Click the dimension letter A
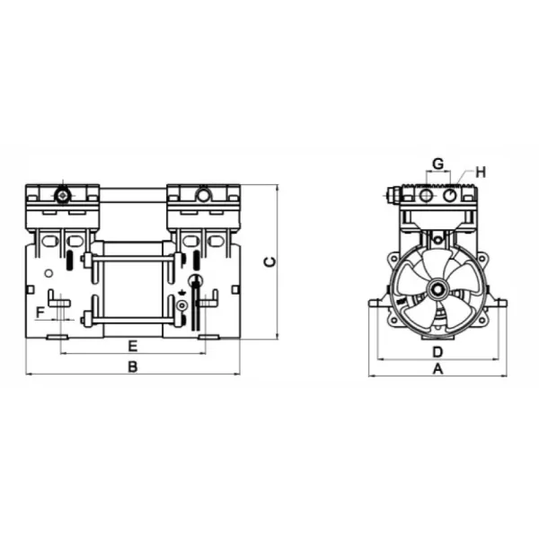point(438,369)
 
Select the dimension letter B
point(132,367)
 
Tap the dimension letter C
point(268,261)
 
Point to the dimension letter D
point(437,350)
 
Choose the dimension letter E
point(132,346)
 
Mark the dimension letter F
point(40,312)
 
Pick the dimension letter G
point(437,163)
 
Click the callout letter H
point(480,172)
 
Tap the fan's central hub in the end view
point(437,290)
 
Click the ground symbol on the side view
point(183,292)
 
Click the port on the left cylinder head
point(62,195)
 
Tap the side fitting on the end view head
point(393,195)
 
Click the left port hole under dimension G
point(426,194)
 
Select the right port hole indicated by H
point(450,194)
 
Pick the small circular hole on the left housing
point(49,273)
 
